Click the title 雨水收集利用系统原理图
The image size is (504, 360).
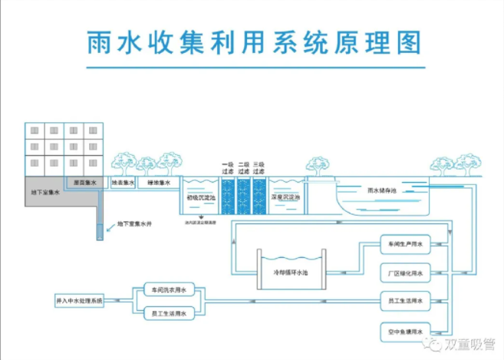252,43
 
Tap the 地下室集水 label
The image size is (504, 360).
45,193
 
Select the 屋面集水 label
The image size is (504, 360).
85,183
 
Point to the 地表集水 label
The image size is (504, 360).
123,183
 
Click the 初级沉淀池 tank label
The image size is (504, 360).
202,197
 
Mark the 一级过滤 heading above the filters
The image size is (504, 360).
227,168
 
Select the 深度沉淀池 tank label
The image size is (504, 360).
285,197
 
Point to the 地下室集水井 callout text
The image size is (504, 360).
133,226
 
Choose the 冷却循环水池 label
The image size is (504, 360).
291,272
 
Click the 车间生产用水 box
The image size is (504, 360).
402,246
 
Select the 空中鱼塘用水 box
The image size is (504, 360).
402,332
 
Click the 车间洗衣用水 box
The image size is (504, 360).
169,289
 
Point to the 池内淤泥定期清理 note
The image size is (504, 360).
201,223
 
